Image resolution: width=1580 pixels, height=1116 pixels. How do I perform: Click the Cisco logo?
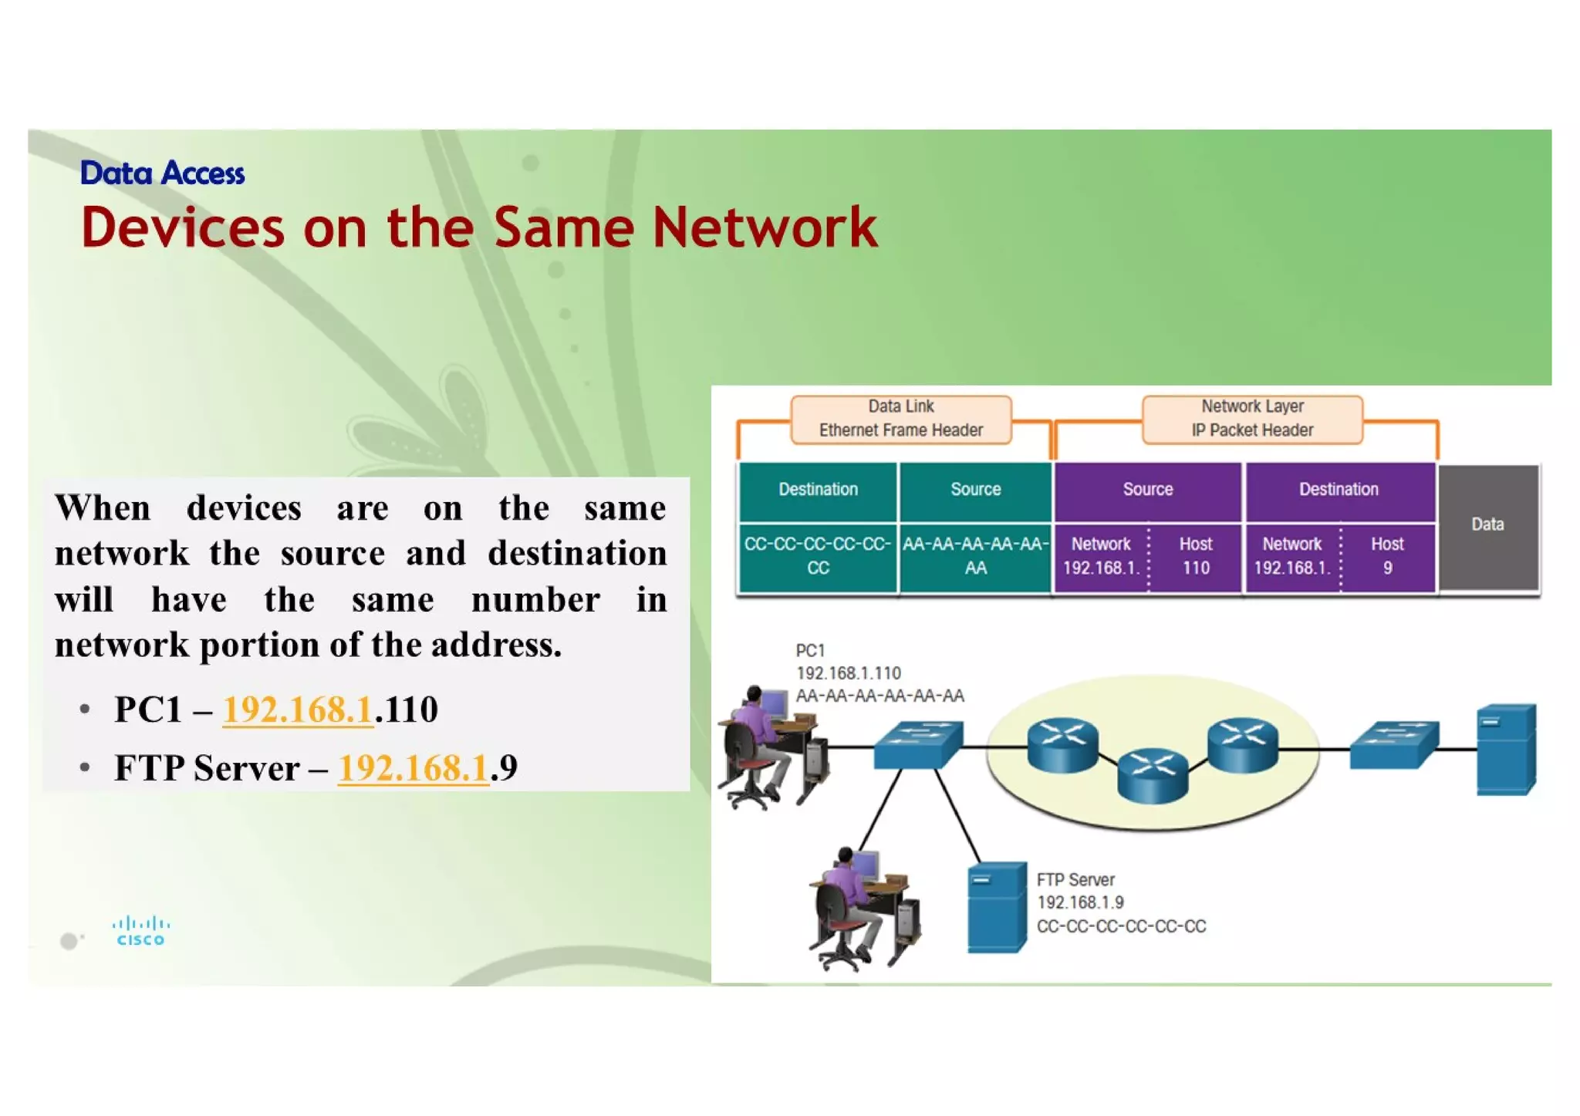coord(140,930)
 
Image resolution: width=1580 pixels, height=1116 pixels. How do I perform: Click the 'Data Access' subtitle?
coord(162,174)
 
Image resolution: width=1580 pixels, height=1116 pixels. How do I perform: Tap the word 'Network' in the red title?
coord(765,228)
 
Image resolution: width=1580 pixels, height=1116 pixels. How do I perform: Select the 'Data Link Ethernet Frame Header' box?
coord(900,419)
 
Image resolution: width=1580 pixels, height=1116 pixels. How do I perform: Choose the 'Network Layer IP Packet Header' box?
coord(1251,419)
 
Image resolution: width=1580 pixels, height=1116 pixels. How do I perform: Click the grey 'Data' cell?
coord(1487,525)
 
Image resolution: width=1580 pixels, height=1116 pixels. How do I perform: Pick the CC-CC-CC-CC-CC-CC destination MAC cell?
coord(818,556)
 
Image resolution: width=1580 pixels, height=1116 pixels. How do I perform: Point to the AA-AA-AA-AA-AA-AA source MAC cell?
coord(975,556)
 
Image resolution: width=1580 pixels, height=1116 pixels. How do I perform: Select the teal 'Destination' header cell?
coord(818,490)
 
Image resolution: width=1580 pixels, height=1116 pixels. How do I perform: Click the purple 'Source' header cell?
coord(1147,490)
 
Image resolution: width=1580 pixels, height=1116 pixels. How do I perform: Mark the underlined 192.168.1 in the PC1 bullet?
coord(298,710)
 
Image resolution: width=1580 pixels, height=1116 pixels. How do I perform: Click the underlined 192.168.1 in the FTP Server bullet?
coord(414,768)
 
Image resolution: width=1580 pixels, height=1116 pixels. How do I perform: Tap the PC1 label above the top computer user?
coord(810,651)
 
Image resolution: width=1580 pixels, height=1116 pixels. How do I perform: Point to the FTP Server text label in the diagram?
coord(1075,880)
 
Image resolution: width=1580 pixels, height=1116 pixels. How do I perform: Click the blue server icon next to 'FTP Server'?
coord(997,908)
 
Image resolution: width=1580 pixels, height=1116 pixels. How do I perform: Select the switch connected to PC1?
coord(918,744)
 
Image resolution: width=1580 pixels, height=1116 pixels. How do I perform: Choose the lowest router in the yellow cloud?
coord(1153,775)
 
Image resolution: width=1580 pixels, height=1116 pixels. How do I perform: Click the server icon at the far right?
coord(1505,749)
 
